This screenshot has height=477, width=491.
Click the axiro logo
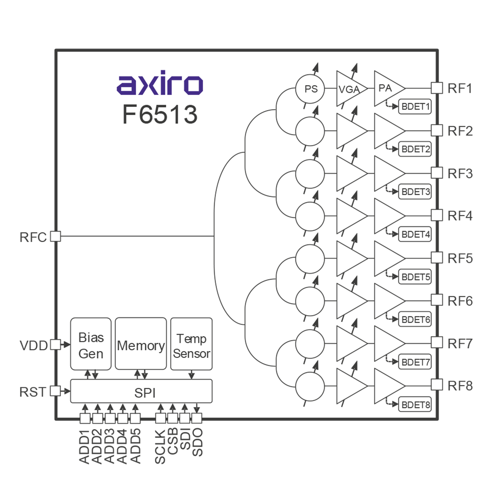160,85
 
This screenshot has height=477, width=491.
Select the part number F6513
160,115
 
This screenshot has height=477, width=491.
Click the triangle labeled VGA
349,89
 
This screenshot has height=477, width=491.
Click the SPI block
141,392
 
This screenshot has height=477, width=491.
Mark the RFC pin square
55,236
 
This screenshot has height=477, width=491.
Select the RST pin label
33,392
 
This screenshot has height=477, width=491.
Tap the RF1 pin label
460,88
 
